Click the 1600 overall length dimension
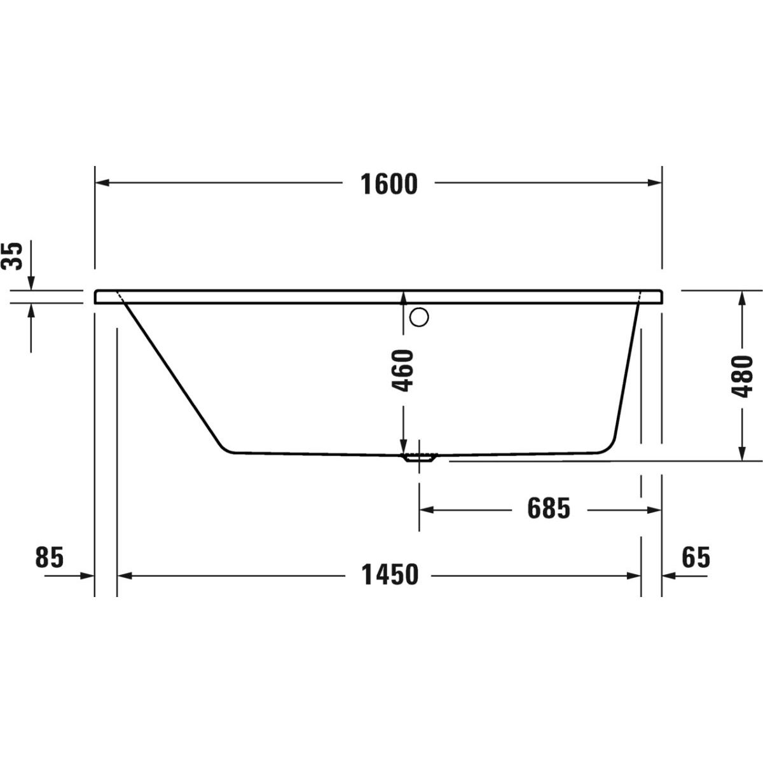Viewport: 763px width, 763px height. tap(389, 184)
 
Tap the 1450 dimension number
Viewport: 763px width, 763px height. tap(390, 575)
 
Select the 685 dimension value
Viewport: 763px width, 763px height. tap(549, 509)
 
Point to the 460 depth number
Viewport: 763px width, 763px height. tap(402, 371)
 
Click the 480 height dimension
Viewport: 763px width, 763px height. tap(741, 376)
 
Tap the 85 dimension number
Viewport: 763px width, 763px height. tap(50, 557)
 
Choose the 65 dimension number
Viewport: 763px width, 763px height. tap(696, 557)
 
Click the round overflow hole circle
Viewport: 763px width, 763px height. tap(419, 317)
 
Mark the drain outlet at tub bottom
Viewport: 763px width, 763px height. tap(419, 458)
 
